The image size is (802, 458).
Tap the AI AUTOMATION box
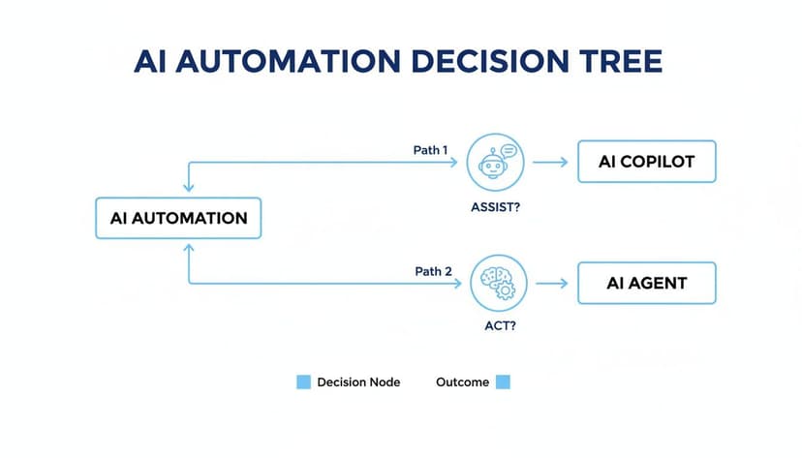point(178,218)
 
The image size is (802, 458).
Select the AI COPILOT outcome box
point(646,162)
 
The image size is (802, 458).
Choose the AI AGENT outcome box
point(646,284)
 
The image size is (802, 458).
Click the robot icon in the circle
point(494,162)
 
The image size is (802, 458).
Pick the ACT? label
point(497,326)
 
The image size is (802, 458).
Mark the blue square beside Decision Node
point(303,382)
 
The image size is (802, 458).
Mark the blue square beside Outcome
point(503,382)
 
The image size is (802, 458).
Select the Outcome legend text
point(462,382)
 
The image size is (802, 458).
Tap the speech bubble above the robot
point(509,150)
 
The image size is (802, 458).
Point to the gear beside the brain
point(507,290)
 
